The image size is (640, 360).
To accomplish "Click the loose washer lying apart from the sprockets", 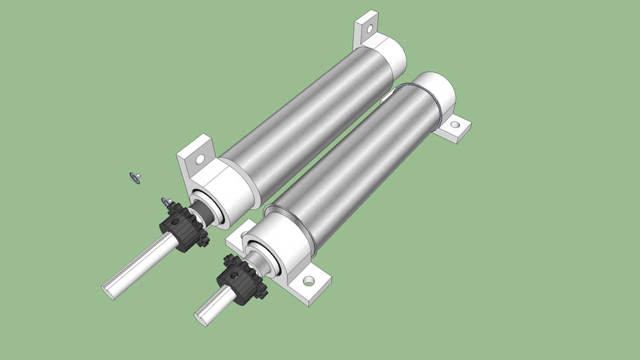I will click(134, 177).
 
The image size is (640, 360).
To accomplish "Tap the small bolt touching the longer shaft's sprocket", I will click(167, 203).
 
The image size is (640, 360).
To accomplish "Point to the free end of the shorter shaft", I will click(202, 315).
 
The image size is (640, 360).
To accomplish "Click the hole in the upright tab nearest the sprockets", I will click(200, 160).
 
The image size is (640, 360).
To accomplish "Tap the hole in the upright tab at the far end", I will click(366, 28).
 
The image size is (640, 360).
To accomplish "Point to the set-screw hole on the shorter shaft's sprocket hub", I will click(229, 274).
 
